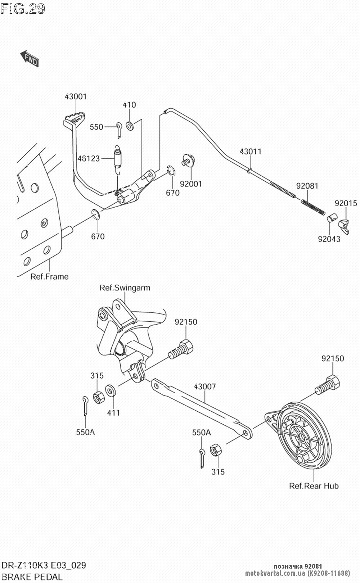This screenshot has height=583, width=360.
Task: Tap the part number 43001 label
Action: coord(76,96)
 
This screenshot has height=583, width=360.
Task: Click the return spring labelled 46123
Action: coord(117,158)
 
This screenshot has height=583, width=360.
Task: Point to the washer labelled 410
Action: coord(130,126)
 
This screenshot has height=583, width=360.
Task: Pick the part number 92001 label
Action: coord(191,184)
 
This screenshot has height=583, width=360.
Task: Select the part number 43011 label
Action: coord(251,152)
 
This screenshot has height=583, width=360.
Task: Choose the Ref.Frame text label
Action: coord(49,276)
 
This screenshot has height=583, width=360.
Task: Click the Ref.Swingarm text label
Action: coord(125,288)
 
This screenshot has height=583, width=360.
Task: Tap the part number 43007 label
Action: coord(205,387)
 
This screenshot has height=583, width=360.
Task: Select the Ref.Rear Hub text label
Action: coord(314,486)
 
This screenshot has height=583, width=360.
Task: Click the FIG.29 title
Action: coord(23,9)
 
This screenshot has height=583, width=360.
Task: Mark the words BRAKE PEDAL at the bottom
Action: coord(32,577)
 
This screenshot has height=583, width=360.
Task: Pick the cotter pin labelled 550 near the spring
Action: coord(119,129)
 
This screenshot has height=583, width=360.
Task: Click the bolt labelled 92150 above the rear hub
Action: coord(328,385)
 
